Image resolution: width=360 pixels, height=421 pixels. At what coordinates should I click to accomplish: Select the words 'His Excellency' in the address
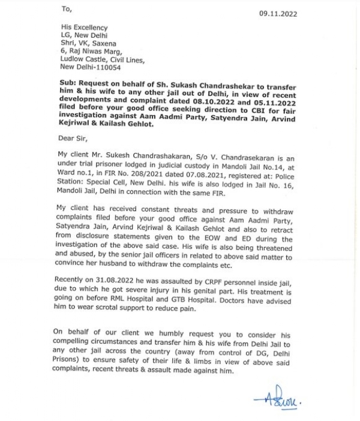pos(84,28)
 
